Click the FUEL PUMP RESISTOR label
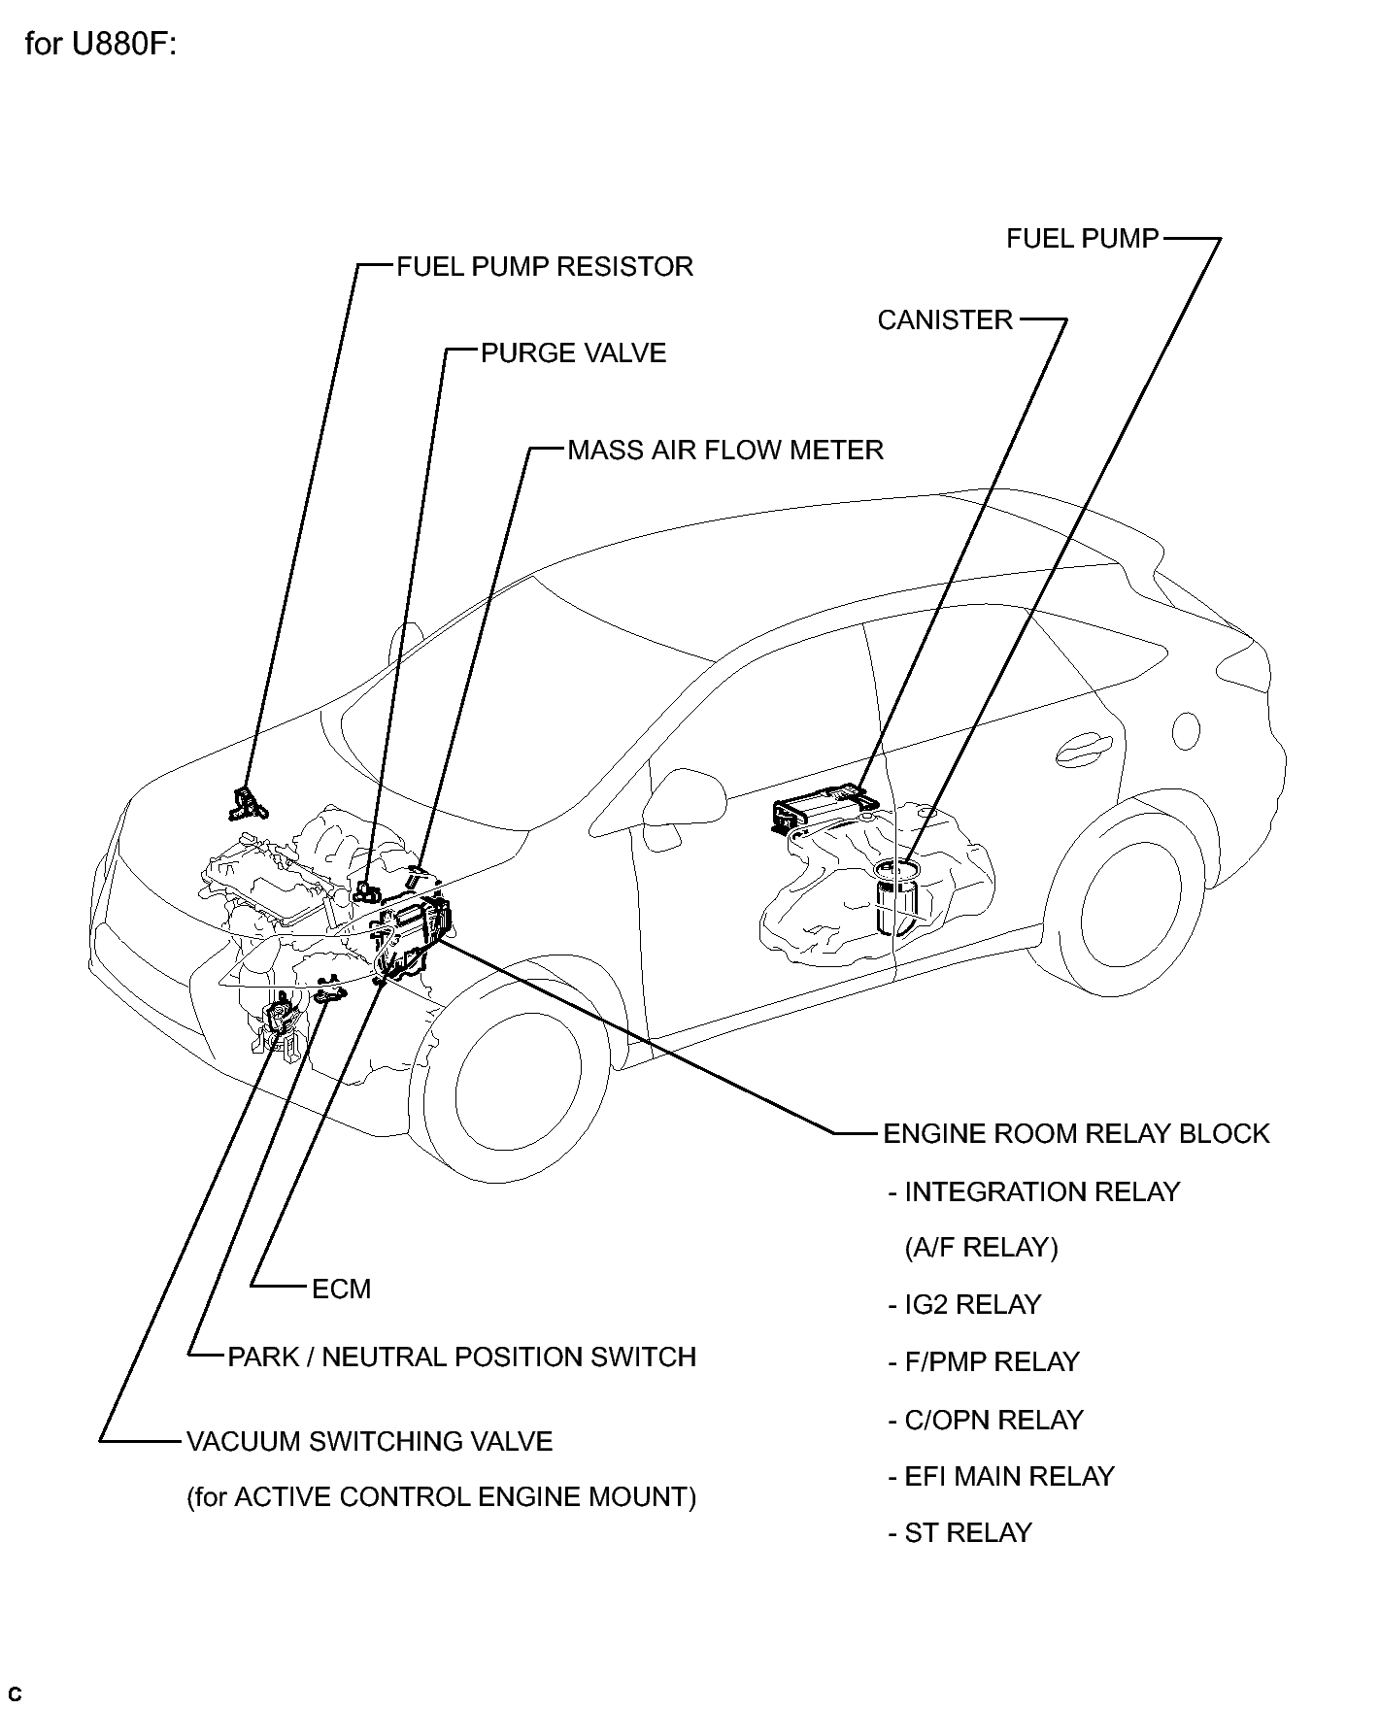pyautogui.click(x=545, y=267)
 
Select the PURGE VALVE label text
pyautogui.click(x=574, y=353)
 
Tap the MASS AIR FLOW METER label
pyautogui.click(x=725, y=451)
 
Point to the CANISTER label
pyautogui.click(x=945, y=320)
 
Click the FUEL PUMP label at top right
pyautogui.click(x=1083, y=239)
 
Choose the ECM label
pyautogui.click(x=342, y=1290)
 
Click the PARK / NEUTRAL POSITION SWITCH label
pyautogui.click(x=462, y=1357)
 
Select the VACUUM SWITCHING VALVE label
pyautogui.click(x=369, y=1442)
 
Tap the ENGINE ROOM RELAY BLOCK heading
pyautogui.click(x=1076, y=1134)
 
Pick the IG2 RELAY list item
pyautogui.click(x=964, y=1305)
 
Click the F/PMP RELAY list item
pyautogui.click(x=984, y=1362)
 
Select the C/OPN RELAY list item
pyautogui.click(x=985, y=1421)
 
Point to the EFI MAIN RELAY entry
pyautogui.click(x=1001, y=1477)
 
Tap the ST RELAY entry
pyautogui.click(x=959, y=1533)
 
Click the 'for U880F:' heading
pyautogui.click(x=101, y=46)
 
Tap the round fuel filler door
pyautogui.click(x=1186, y=730)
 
